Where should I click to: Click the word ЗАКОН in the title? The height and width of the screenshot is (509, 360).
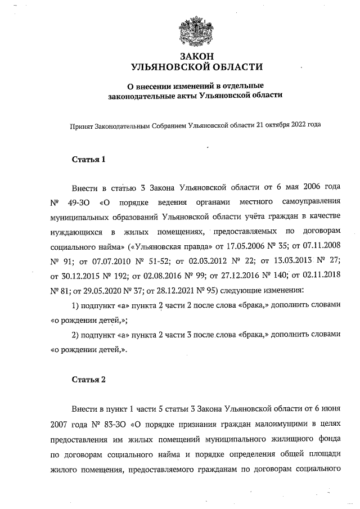[x=196, y=57]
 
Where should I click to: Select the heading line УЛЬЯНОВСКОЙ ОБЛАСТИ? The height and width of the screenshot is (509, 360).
[x=196, y=67]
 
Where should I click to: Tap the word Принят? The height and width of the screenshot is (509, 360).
[x=80, y=128]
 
